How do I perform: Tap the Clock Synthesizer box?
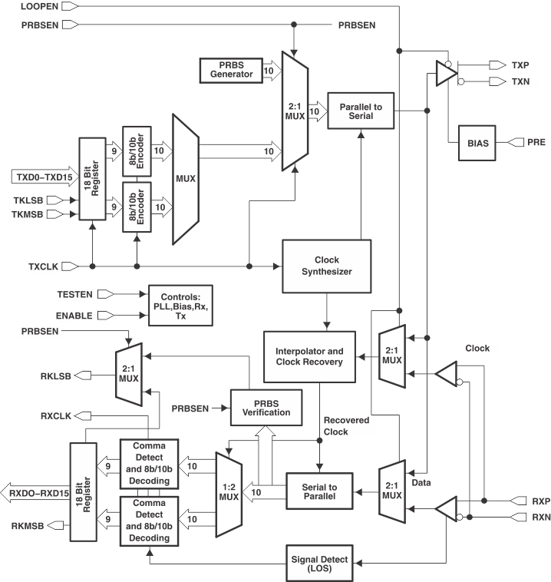(327, 266)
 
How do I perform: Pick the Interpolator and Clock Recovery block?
(309, 355)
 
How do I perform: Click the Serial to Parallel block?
(318, 486)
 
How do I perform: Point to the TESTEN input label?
(76, 293)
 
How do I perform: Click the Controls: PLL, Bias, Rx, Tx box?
(180, 305)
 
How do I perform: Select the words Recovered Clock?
(347, 426)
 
